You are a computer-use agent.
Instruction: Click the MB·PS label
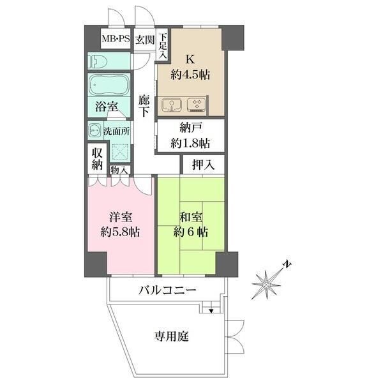click(x=116, y=40)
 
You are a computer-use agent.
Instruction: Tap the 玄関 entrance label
click(x=145, y=40)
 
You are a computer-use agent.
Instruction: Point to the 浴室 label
click(x=107, y=107)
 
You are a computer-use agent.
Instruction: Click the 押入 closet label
click(x=203, y=165)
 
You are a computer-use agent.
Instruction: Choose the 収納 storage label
click(x=96, y=158)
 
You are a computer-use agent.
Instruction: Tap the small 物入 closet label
click(x=119, y=170)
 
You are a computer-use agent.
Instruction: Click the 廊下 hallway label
click(x=144, y=105)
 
